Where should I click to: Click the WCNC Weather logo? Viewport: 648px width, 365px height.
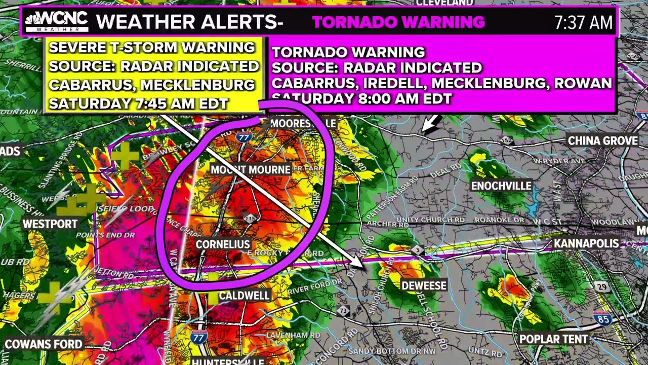(56, 22)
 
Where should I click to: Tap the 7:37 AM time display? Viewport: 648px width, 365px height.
(583, 22)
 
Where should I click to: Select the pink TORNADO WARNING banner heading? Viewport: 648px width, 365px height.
(398, 22)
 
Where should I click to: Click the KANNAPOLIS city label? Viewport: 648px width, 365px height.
(586, 244)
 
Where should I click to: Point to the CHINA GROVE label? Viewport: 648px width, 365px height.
(602, 141)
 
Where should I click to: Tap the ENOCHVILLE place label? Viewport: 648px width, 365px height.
(501, 186)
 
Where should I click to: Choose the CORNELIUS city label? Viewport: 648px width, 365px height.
(223, 244)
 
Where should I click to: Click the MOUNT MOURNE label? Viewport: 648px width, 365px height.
(250, 169)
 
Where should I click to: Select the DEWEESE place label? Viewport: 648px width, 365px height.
(424, 286)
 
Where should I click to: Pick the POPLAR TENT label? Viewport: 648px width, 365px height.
(553, 339)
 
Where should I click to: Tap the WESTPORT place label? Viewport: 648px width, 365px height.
(50, 224)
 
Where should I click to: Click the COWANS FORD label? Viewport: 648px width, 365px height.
(44, 344)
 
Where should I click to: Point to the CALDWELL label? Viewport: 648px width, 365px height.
(244, 296)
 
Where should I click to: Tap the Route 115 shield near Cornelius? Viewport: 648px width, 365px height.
(250, 218)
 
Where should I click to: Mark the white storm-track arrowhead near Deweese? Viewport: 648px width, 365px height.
(358, 264)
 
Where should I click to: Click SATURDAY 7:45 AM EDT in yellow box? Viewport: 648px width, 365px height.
(138, 104)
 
